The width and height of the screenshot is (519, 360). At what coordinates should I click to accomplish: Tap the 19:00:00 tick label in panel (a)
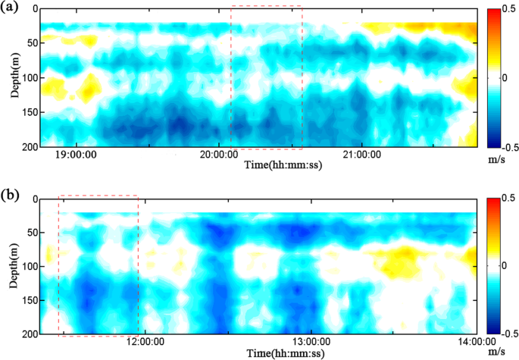point(76,155)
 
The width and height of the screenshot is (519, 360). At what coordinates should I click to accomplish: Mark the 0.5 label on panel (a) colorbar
point(509,10)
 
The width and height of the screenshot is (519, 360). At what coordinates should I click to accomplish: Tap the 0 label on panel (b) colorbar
point(505,266)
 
